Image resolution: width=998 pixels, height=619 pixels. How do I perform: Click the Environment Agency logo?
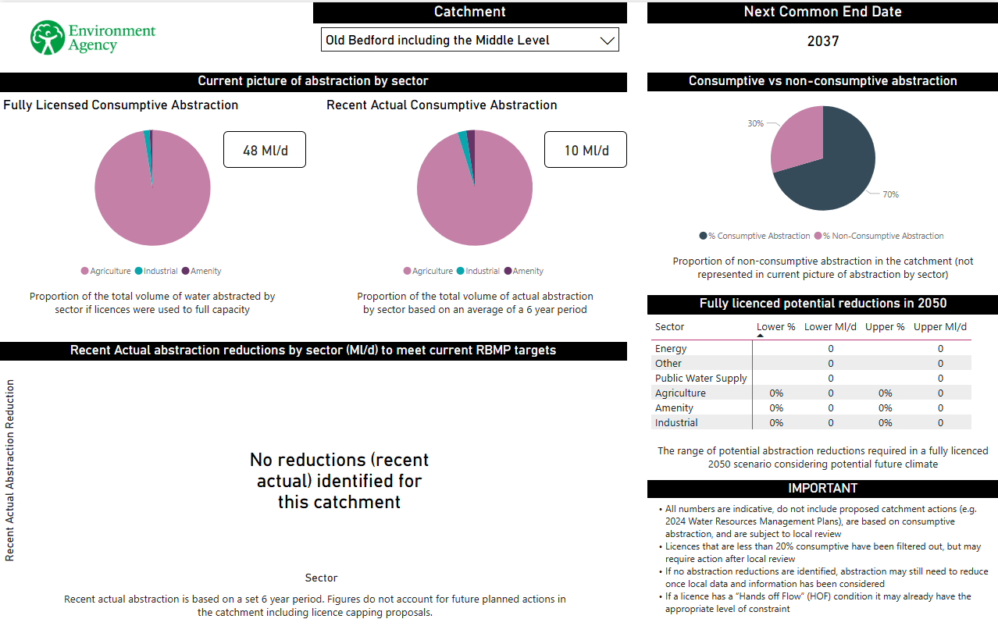(x=93, y=37)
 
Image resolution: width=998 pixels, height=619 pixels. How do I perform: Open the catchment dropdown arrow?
(x=607, y=41)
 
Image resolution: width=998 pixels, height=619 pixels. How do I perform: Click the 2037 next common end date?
(x=822, y=41)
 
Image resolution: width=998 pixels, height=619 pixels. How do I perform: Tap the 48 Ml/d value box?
(x=265, y=150)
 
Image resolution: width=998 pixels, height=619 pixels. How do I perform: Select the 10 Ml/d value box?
(x=586, y=150)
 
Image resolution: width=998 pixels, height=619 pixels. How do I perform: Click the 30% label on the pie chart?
(x=755, y=123)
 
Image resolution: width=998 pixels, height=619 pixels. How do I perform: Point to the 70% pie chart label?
(x=890, y=194)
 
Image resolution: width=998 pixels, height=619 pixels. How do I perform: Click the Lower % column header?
(x=775, y=327)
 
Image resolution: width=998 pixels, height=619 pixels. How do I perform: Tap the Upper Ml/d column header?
(x=940, y=327)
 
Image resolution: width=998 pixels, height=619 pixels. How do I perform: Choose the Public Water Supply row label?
(x=700, y=378)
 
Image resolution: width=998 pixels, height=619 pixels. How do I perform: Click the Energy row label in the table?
(x=671, y=348)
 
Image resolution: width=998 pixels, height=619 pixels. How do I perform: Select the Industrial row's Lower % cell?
(x=776, y=422)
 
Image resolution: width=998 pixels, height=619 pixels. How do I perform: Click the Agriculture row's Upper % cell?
(x=885, y=393)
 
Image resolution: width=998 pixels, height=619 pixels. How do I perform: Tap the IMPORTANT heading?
(x=822, y=489)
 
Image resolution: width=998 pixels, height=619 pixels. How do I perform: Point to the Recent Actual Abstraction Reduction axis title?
(x=10, y=470)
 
